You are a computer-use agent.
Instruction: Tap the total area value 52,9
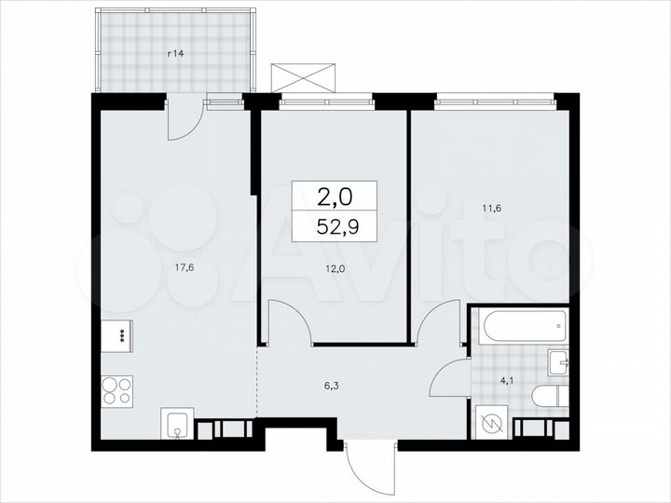pyautogui.click(x=335, y=226)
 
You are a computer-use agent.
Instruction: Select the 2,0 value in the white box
pyautogui.click(x=335, y=197)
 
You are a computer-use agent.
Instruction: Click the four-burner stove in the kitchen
pyautogui.click(x=116, y=389)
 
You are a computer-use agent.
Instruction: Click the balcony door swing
pyautogui.click(x=185, y=118)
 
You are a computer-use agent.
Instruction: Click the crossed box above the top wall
pyautogui.click(x=302, y=76)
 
